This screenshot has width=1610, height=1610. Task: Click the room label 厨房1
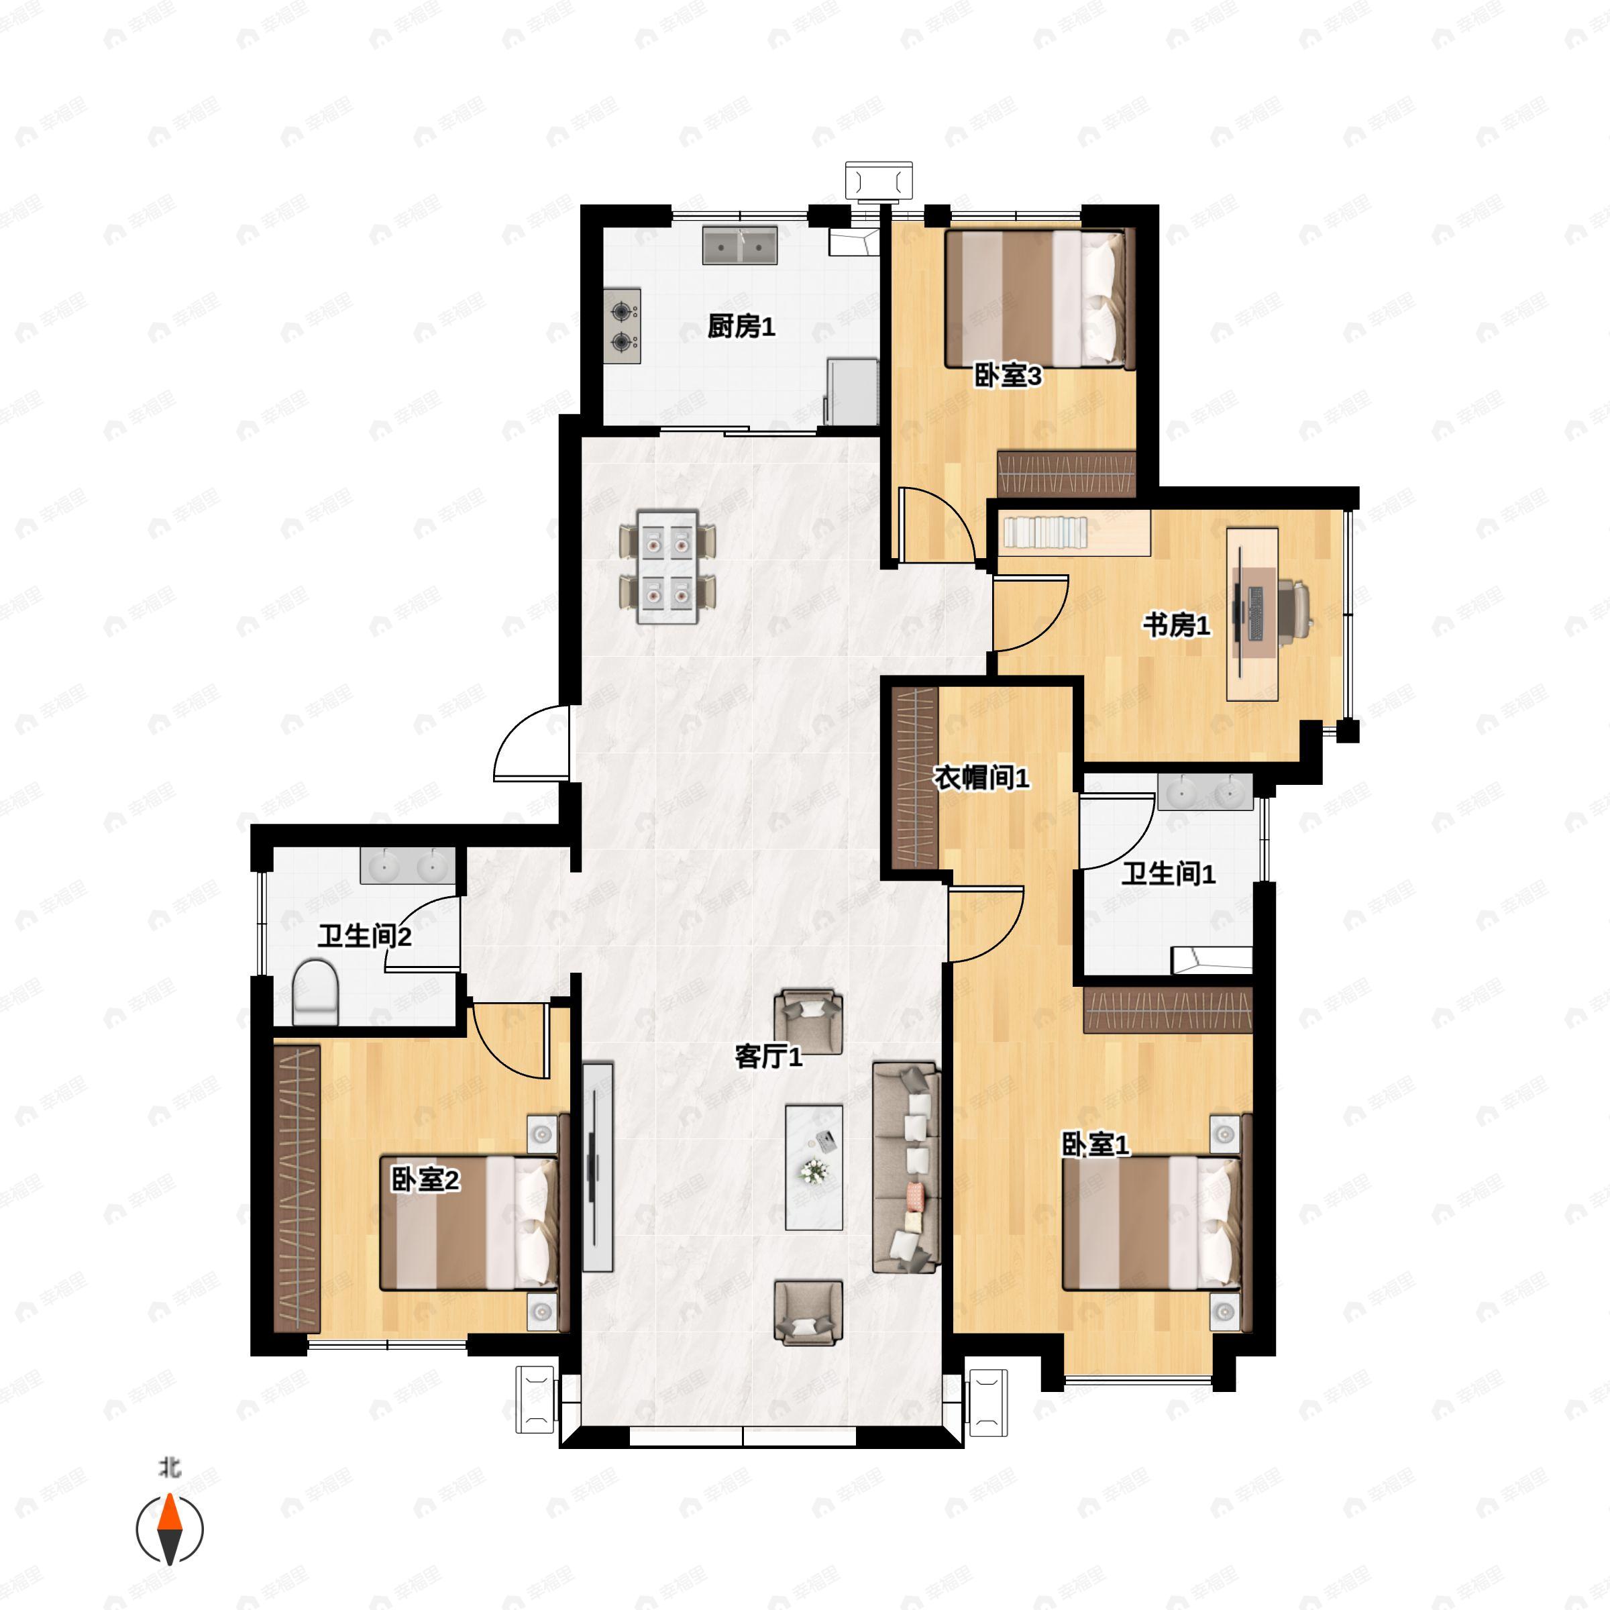tap(741, 327)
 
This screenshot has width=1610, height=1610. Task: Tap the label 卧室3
tap(1008, 376)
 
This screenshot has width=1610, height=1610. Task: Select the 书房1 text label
tap(1176, 625)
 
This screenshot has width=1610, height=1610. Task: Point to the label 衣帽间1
tap(981, 777)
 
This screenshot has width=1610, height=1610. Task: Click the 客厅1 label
tap(768, 1057)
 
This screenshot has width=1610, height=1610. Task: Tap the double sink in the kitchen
tap(739, 245)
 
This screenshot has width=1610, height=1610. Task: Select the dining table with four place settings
tap(667, 567)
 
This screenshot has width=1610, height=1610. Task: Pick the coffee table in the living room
tap(814, 1167)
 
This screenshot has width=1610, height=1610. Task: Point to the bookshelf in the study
tap(1074, 533)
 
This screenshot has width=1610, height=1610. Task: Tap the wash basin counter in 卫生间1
tap(1204, 792)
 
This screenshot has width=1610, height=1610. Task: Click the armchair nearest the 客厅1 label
tap(808, 1022)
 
